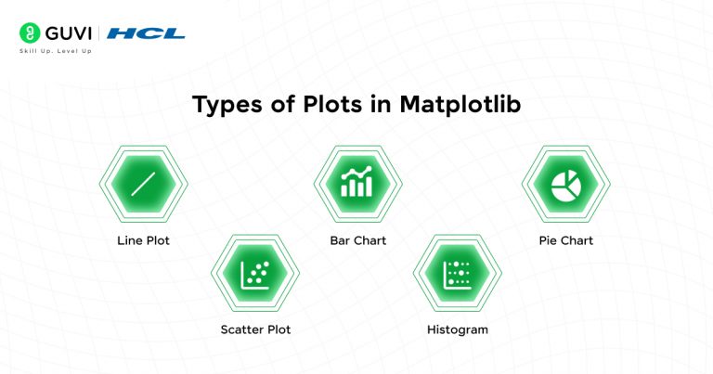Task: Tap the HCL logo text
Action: click(146, 33)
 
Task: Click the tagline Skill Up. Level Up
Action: click(55, 50)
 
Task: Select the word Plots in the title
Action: click(328, 105)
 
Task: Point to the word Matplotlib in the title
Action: click(460, 105)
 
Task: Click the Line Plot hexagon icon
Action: click(143, 185)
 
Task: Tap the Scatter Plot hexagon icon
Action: click(255, 273)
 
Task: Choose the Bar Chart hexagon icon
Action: click(357, 185)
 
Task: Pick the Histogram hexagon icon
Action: click(458, 273)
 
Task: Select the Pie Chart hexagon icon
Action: click(564, 185)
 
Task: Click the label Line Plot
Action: click(143, 240)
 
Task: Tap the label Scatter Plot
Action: click(255, 329)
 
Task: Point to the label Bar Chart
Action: click(357, 240)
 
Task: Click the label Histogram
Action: click(458, 329)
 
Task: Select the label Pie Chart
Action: click(565, 240)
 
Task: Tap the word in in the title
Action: click(381, 105)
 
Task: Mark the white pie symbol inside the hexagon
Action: click(564, 185)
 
